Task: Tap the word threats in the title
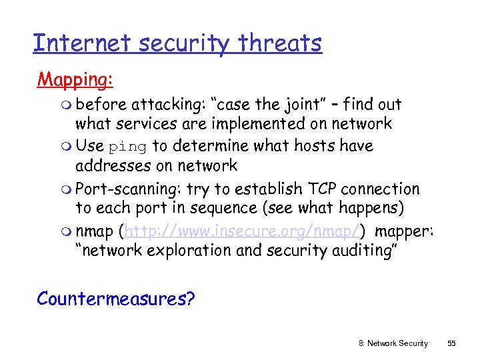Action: pyautogui.click(x=281, y=43)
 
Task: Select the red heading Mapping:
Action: pyautogui.click(x=75, y=80)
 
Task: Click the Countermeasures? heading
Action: pyautogui.click(x=116, y=298)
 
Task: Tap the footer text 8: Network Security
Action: pyautogui.click(x=393, y=343)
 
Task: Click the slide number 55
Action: pyautogui.click(x=451, y=343)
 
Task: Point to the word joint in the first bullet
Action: pyautogui.click(x=303, y=105)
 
